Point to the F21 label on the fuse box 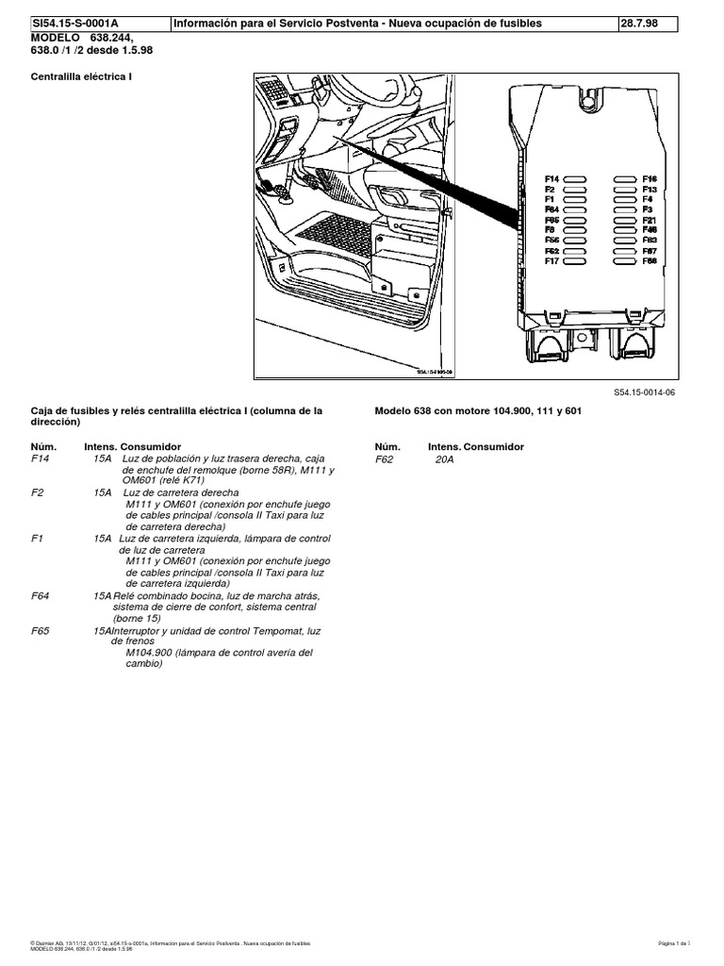click(650, 220)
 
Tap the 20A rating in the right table click(444, 459)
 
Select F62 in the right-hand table click(384, 459)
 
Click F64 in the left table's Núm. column click(40, 596)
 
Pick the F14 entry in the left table click(41, 459)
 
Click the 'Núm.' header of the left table click(43, 445)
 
